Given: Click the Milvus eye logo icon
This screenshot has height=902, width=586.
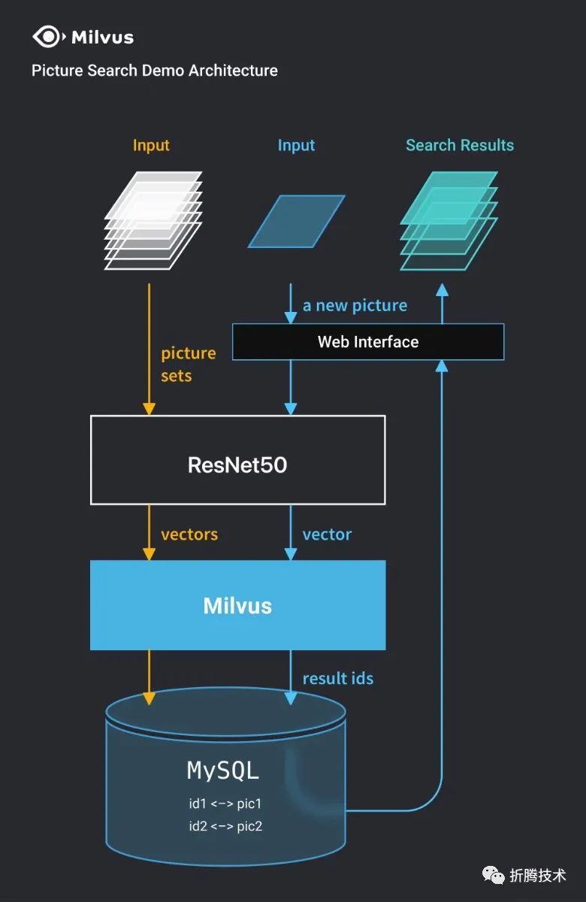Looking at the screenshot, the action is tap(49, 37).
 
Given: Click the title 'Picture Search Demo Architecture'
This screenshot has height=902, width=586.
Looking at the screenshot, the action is tap(155, 71).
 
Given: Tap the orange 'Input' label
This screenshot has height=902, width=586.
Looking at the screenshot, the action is tap(151, 145).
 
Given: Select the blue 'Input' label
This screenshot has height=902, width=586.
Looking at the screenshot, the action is tap(296, 145).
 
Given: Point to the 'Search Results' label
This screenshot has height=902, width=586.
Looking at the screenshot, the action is tap(460, 145).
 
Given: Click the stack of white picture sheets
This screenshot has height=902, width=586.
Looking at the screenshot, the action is tap(153, 220).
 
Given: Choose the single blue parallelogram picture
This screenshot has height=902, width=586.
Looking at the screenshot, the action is tap(297, 221).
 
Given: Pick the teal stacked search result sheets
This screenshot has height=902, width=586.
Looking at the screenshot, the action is tap(449, 221).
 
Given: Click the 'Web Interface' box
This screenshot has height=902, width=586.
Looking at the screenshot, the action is tap(368, 342).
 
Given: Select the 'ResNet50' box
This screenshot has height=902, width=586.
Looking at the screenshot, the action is tap(238, 460).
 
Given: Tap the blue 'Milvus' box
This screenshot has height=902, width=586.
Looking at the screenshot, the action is tap(238, 605).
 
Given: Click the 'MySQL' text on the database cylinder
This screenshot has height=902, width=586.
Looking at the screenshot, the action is tap(223, 770).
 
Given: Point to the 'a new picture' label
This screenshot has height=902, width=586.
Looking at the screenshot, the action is tap(355, 306).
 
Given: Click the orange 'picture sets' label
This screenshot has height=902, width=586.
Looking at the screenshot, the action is tap(189, 365).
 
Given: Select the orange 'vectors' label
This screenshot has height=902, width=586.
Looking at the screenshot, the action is tap(189, 534).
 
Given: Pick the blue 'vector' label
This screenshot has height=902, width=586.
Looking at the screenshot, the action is tap(328, 534).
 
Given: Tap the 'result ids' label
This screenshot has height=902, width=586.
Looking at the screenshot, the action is tap(338, 679).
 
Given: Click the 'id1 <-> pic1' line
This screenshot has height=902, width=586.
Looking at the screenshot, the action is tap(225, 804).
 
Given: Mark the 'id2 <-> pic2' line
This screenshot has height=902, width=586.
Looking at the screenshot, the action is tap(225, 826).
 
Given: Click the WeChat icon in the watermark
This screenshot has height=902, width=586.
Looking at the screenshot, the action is tap(493, 876).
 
